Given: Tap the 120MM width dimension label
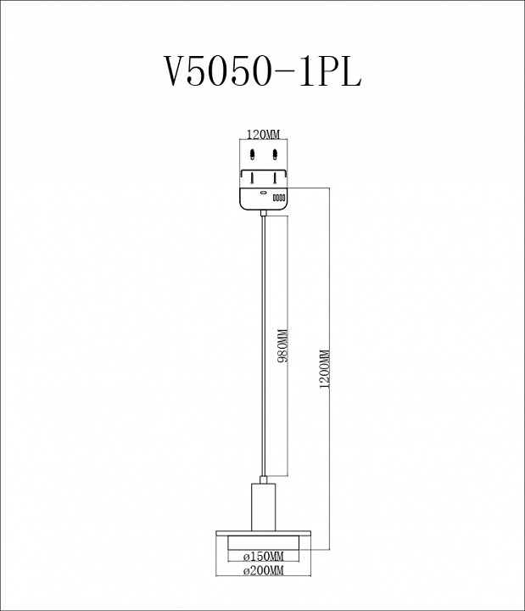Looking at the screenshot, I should coord(262,135).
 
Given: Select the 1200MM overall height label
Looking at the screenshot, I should coord(324,369).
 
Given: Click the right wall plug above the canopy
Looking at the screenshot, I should coord(276,154).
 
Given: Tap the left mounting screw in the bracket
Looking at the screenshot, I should coord(251,179).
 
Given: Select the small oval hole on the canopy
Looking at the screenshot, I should coord(264,193).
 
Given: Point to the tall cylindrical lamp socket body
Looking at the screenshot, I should coord(263,506).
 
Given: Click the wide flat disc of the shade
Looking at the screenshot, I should coord(263,533).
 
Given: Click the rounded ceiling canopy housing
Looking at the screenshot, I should coord(264,199).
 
